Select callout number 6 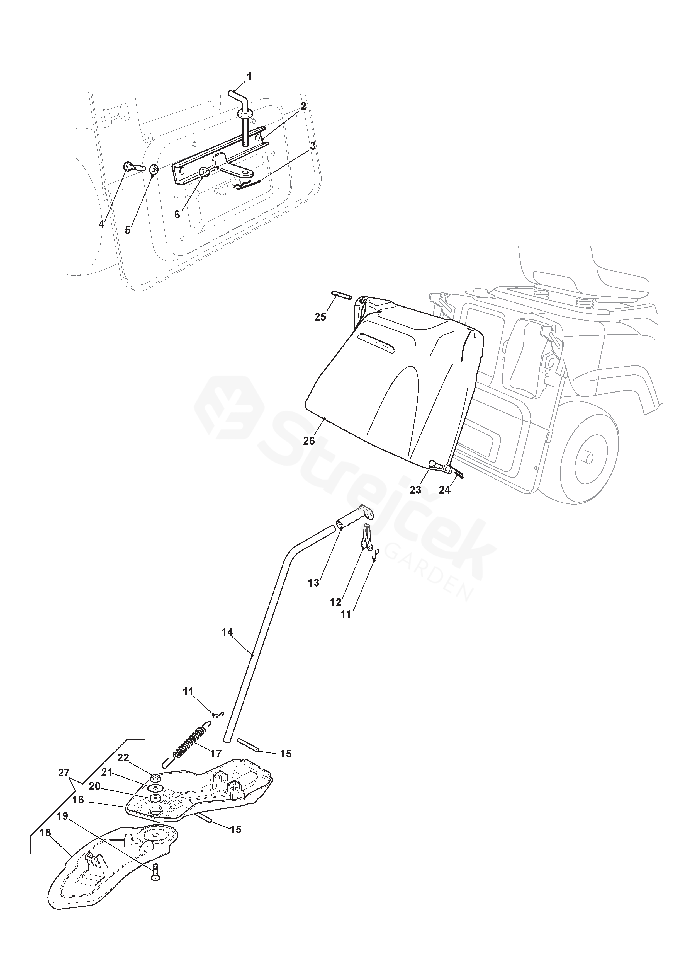point(177,214)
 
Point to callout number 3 point(313,146)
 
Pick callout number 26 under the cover point(309,441)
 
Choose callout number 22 point(123,758)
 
